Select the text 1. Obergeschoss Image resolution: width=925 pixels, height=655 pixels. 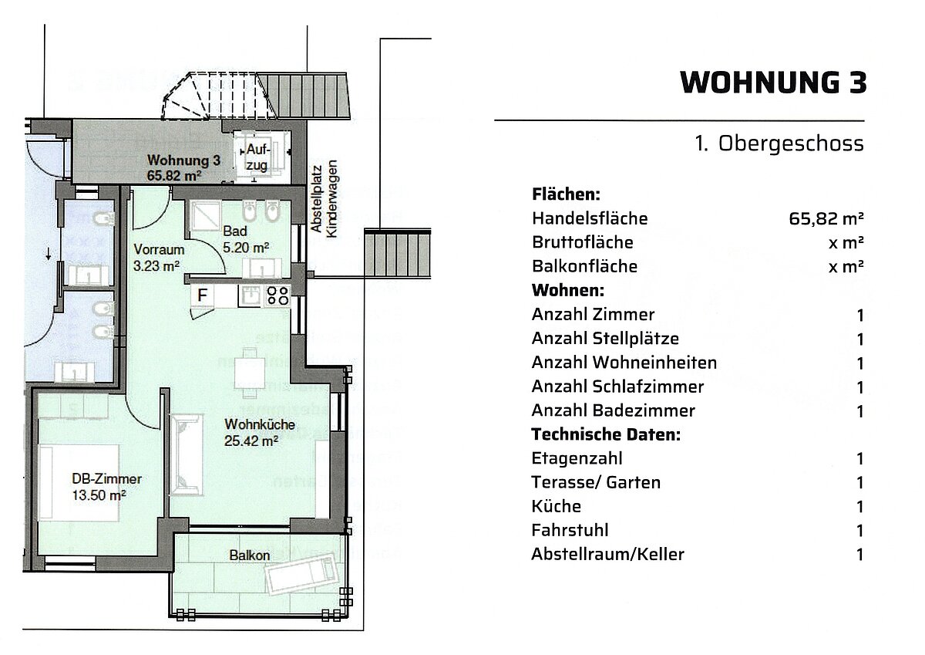pos(779,143)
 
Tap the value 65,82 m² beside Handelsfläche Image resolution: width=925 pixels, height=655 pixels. pos(826,218)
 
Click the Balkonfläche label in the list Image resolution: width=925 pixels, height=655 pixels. pos(584,266)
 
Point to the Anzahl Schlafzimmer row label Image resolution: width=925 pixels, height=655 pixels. pos(617,387)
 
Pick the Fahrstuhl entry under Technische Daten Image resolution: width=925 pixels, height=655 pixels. pos(570,530)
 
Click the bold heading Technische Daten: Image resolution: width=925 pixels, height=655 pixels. pos(606,434)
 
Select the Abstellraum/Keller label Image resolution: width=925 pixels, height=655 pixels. pos(607,554)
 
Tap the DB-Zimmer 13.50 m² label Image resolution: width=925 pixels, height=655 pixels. pos(106,487)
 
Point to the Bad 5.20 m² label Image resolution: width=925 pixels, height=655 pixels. pos(246,239)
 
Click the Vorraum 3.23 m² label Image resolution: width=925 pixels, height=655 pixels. pos(159,257)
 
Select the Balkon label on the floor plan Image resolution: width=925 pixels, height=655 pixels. pos(250,555)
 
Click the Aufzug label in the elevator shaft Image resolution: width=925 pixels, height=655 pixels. pos(257,157)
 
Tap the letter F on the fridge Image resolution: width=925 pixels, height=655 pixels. pos(202,295)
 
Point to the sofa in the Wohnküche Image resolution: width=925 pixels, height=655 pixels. pos(187,454)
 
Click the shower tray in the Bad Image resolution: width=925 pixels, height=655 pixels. pos(206,216)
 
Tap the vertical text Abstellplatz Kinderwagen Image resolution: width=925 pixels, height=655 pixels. pos(324,199)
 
